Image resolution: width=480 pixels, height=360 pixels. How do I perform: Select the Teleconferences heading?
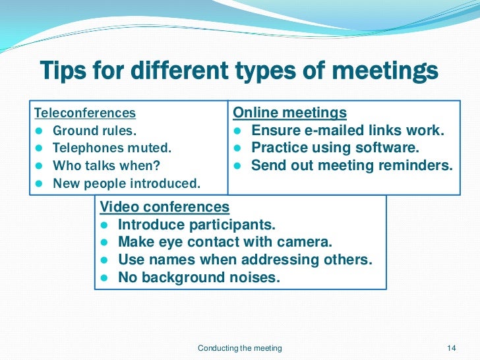tap(85, 113)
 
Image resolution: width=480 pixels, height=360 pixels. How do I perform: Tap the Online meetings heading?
tap(290, 113)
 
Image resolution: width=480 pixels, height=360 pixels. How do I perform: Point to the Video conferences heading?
tap(164, 207)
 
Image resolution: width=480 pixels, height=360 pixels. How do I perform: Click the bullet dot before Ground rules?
tap(40, 131)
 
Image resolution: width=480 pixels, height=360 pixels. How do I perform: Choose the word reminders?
tap(413, 165)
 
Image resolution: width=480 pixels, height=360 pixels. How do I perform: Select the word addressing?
tap(289, 260)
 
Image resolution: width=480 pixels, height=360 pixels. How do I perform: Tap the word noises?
tap(256, 278)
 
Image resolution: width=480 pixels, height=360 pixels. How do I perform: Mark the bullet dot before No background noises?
tap(105, 278)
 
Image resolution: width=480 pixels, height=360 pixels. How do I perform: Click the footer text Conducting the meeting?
tap(240, 348)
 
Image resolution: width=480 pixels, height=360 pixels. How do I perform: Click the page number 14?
tap(452, 348)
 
